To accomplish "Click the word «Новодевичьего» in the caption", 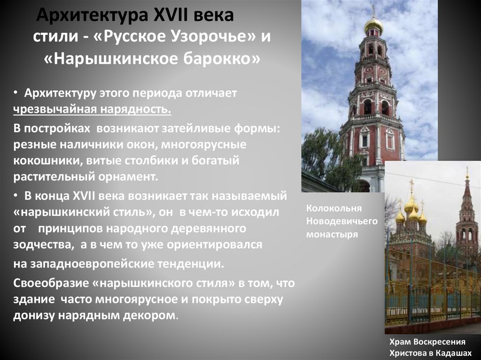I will click(341, 221).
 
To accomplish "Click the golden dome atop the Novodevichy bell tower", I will click(373, 25).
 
